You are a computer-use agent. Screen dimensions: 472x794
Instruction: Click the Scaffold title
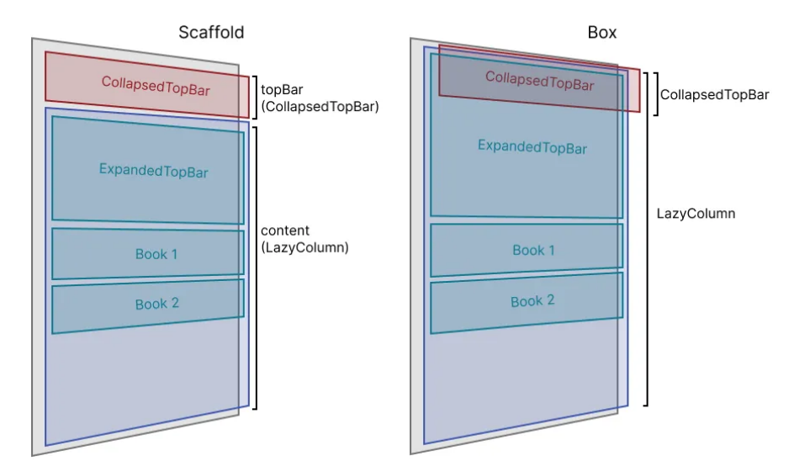coord(211,33)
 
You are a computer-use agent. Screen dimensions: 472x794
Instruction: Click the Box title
coord(602,33)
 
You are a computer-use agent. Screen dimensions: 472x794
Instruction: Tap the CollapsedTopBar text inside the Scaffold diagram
coord(156,85)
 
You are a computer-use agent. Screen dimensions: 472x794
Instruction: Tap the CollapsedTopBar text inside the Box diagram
coord(539,82)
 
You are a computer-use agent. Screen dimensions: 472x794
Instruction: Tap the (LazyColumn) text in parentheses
coord(304,247)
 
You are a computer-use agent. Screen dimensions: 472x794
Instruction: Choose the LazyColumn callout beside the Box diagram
coord(696,214)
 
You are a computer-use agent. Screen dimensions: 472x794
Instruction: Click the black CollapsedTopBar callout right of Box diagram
coord(714,94)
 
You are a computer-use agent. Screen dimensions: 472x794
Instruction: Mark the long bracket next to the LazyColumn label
coord(647,238)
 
